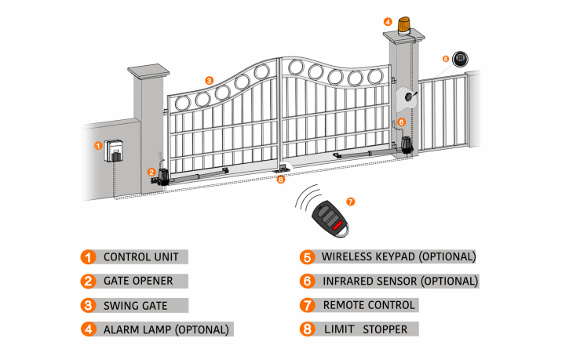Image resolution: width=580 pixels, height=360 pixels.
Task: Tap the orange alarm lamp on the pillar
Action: coord(405,24)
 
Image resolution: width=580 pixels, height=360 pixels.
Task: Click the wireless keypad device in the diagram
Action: coord(460,60)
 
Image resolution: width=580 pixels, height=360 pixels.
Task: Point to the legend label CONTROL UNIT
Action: coord(141,256)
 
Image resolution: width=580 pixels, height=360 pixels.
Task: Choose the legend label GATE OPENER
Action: coord(138,280)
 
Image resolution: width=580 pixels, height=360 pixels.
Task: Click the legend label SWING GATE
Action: coord(136,304)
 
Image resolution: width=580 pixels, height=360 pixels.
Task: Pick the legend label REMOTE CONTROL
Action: coord(370,304)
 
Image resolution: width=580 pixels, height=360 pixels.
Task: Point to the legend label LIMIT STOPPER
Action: coord(365,329)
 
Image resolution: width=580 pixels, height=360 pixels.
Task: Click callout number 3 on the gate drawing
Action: coord(208,80)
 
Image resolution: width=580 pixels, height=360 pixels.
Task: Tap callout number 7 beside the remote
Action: coord(350,202)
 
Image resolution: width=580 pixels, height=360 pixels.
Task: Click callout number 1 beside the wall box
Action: coord(98,145)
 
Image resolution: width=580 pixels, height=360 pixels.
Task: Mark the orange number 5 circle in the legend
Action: coord(307,256)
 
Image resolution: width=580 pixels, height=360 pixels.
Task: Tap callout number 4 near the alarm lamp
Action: coord(388,21)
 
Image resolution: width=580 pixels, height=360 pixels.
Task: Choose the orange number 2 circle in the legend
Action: coord(88,280)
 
